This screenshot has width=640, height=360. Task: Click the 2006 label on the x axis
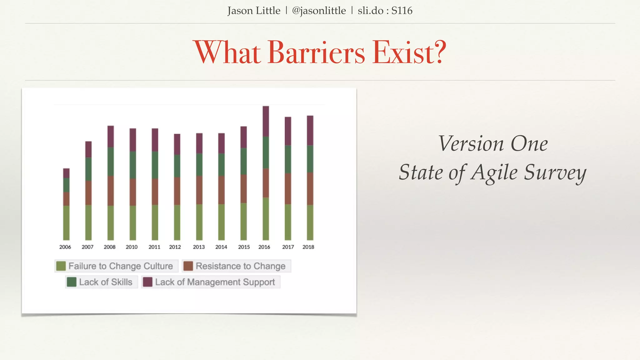(x=65, y=247)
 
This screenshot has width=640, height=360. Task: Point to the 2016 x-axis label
(x=264, y=247)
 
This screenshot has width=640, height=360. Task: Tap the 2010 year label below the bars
(x=132, y=247)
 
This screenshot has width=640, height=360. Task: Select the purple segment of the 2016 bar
(x=266, y=121)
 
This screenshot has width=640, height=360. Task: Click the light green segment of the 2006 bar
(x=66, y=222)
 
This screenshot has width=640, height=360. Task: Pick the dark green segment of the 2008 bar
(x=111, y=161)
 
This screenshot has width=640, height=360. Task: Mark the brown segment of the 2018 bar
(x=310, y=188)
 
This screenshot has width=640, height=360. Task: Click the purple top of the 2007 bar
(x=88, y=149)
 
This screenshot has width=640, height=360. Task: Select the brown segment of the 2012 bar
(x=177, y=191)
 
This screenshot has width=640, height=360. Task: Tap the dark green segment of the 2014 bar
(x=221, y=164)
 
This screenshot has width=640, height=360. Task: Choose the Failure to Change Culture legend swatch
(x=61, y=266)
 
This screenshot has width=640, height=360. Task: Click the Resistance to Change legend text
(x=240, y=266)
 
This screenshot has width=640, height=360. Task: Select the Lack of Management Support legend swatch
(x=147, y=282)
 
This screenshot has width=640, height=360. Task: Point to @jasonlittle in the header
(x=319, y=11)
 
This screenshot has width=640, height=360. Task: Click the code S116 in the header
(x=402, y=11)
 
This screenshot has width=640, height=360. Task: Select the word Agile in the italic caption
(x=494, y=172)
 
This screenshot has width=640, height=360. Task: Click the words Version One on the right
(x=493, y=144)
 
